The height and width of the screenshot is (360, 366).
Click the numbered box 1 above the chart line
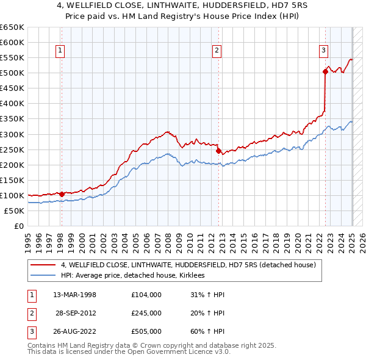pyautogui.click(x=61, y=51)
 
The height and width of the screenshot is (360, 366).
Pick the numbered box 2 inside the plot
pyautogui.click(x=217, y=51)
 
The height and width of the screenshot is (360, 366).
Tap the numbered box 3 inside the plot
pyautogui.click(x=323, y=51)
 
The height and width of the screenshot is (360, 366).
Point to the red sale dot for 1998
pyautogui.click(x=62, y=194)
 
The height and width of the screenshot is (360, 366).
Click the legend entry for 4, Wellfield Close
pyautogui.click(x=188, y=265)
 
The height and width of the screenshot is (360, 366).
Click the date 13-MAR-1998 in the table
pyautogui.click(x=75, y=295)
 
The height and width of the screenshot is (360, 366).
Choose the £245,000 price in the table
pyautogui.click(x=146, y=313)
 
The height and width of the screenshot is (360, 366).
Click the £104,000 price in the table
pyautogui.click(x=146, y=295)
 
